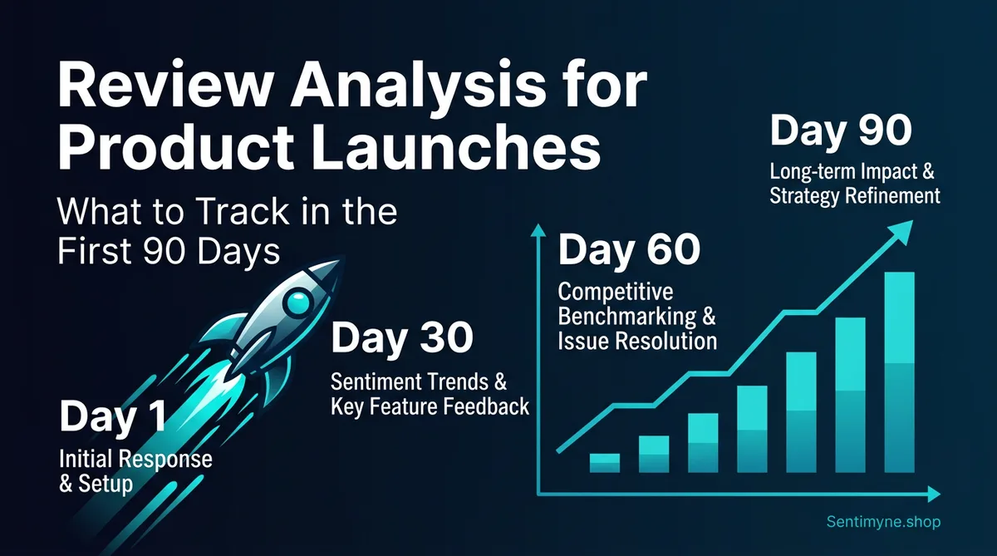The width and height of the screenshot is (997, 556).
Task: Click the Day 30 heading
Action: click(x=402, y=340)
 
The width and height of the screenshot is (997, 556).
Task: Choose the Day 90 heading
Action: click(x=842, y=133)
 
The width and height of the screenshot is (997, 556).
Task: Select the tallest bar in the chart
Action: click(x=899, y=372)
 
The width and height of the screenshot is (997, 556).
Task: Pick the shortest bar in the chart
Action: click(x=604, y=463)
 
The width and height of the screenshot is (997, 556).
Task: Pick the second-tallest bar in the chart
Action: click(x=850, y=395)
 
